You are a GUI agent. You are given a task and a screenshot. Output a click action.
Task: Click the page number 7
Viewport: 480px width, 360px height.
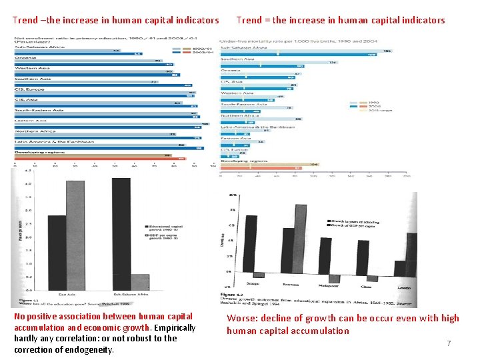[x=449, y=343]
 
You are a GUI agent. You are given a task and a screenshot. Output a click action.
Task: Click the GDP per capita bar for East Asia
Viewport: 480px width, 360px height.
[x=75, y=236]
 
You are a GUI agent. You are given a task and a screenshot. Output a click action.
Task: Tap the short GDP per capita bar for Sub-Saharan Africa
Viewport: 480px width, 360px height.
[x=140, y=283]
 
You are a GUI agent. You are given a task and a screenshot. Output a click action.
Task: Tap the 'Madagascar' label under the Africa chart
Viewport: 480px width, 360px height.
[x=329, y=285]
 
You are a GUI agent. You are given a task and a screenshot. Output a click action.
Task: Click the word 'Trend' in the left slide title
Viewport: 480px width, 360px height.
[x=25, y=20]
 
